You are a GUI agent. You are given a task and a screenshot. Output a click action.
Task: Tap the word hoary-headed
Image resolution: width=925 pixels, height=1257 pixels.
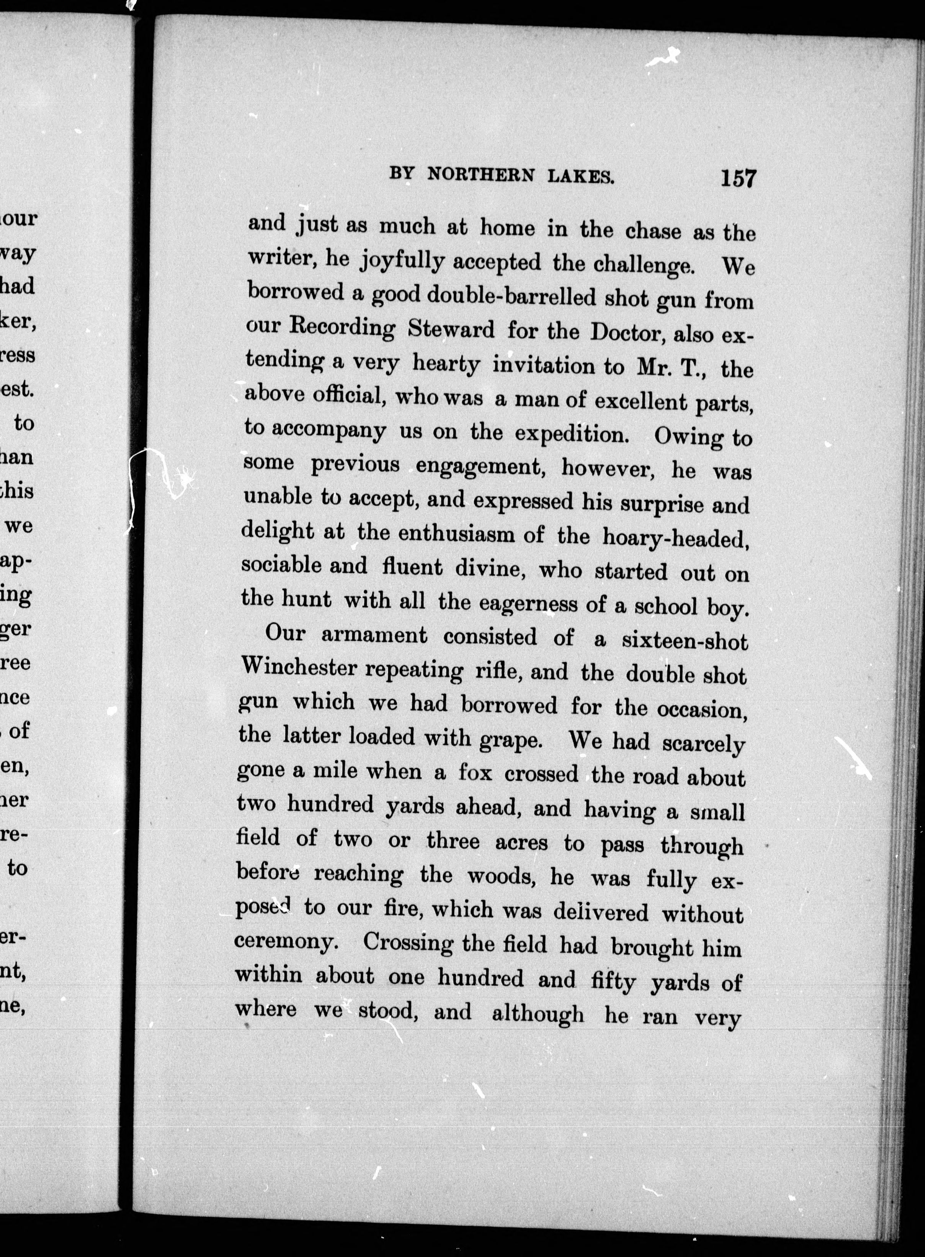676,538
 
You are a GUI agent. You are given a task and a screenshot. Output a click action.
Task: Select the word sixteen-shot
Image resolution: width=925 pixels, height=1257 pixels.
684,640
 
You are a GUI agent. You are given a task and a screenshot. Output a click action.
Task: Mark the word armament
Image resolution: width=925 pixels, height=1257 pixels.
374,635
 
